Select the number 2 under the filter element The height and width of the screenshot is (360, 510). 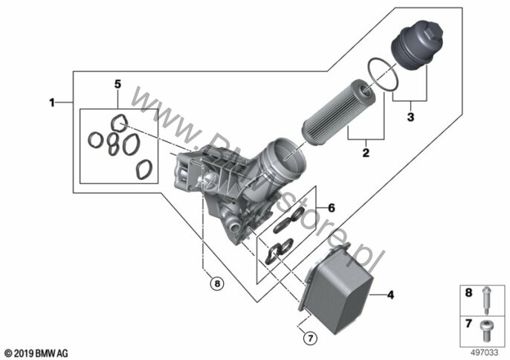click(365, 154)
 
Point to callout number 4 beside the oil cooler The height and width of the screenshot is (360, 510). click(390, 295)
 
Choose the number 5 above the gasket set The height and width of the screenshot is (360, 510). click(116, 84)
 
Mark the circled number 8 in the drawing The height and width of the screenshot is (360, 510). click(216, 283)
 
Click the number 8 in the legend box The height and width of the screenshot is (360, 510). click(469, 294)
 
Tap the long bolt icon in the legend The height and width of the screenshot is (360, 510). click(486, 297)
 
